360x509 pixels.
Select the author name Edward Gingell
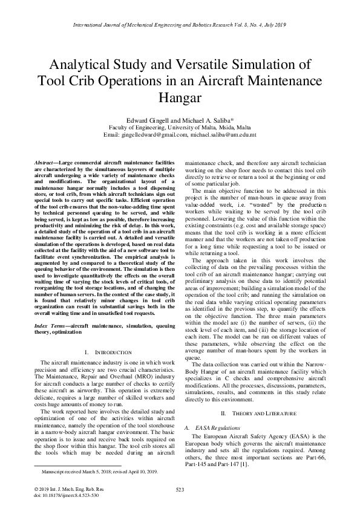151,120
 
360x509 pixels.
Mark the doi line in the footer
59,494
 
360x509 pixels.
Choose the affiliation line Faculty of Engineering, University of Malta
180,128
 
